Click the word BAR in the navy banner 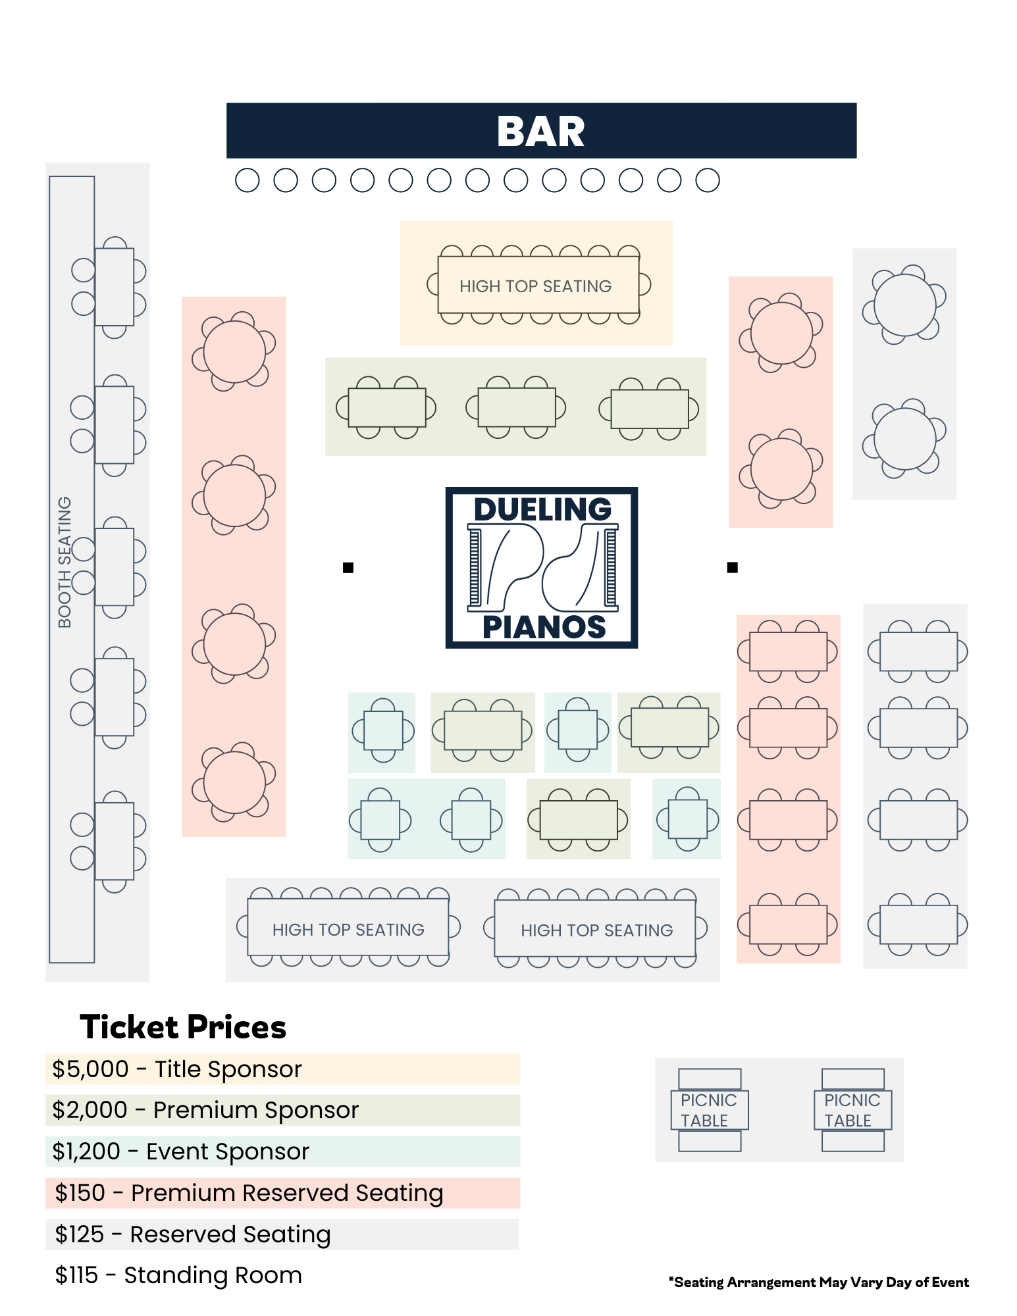pos(540,132)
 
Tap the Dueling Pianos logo pos(541,567)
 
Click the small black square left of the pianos pos(348,567)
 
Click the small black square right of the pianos pos(732,567)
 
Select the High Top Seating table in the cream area pos(538,285)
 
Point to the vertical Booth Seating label pos(65,562)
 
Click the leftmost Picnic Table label pos(709,1110)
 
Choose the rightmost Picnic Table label pos(852,1110)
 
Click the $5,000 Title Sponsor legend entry pos(177,1069)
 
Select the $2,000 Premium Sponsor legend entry pos(205,1110)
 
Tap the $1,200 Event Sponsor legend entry pos(181,1151)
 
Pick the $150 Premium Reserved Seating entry pos(249,1193)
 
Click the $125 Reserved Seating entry pos(192,1234)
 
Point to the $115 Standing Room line pos(178,1275)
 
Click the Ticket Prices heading pos(183,1027)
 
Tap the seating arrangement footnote pos(818,1282)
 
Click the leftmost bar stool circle pos(248,180)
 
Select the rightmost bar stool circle pos(708,180)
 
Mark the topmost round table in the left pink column pos(234,351)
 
